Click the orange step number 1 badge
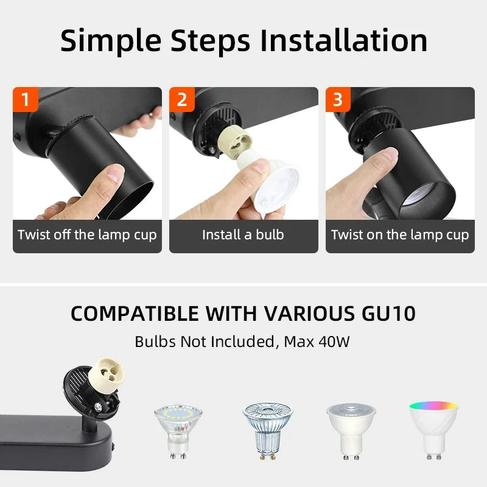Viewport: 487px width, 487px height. (x=25, y=99)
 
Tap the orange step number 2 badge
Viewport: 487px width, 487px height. (x=181, y=99)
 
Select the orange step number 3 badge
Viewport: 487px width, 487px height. (x=338, y=99)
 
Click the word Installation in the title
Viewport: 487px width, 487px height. (x=343, y=41)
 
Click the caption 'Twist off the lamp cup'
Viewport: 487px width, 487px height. (x=87, y=235)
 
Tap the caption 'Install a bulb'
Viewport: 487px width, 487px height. (x=243, y=235)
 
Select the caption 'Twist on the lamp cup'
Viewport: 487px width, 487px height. (x=400, y=235)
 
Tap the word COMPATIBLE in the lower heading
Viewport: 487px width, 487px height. (x=134, y=314)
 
